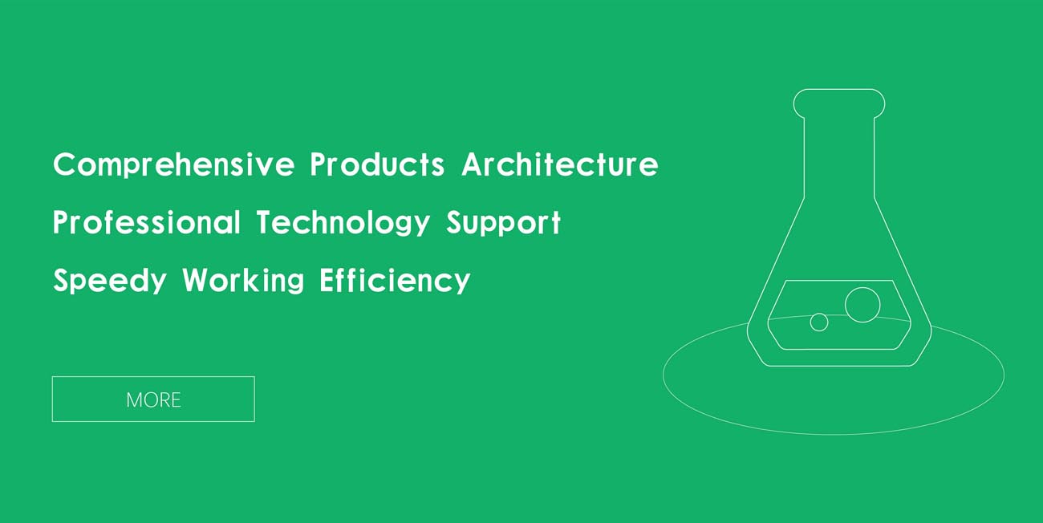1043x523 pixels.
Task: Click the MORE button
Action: [153, 399]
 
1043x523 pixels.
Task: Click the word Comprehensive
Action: [173, 165]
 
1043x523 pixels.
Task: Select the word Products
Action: [377, 164]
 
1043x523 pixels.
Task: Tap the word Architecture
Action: [560, 164]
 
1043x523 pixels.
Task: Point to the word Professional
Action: [146, 222]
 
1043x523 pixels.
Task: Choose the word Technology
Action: [343, 223]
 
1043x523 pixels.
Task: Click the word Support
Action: [503, 223]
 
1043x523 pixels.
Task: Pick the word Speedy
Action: [110, 281]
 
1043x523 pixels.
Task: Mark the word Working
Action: [243, 281]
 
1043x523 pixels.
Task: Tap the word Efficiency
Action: [395, 281]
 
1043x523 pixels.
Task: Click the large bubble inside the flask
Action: [862, 305]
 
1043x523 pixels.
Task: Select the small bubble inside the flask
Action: [819, 322]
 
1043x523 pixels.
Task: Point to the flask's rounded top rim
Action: [839, 89]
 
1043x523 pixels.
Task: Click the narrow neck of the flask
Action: [804, 158]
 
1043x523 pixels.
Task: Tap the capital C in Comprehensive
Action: [64, 164]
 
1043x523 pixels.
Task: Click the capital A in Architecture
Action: [474, 164]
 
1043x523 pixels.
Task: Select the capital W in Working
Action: [198, 280]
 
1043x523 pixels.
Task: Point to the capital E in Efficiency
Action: [327, 280]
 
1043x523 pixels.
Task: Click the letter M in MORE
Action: [134, 399]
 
